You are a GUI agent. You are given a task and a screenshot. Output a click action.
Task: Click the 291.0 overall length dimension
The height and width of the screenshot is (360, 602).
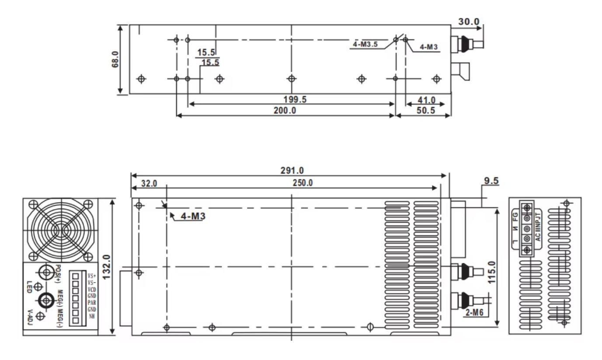click(x=292, y=171)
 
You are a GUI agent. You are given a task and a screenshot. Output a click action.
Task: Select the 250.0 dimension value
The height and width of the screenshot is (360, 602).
click(x=303, y=183)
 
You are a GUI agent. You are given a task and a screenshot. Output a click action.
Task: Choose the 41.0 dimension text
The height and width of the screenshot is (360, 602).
click(x=426, y=100)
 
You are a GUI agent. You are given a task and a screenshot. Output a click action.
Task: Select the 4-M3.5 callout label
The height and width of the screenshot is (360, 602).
click(x=365, y=44)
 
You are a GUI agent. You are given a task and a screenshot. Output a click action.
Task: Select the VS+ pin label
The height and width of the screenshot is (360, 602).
click(x=92, y=276)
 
